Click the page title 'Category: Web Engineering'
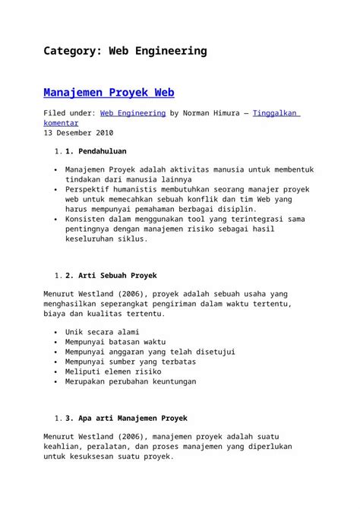(x=125, y=52)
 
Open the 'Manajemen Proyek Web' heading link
(x=109, y=93)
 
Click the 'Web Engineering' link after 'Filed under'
(x=133, y=113)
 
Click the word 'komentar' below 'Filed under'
(x=65, y=123)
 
